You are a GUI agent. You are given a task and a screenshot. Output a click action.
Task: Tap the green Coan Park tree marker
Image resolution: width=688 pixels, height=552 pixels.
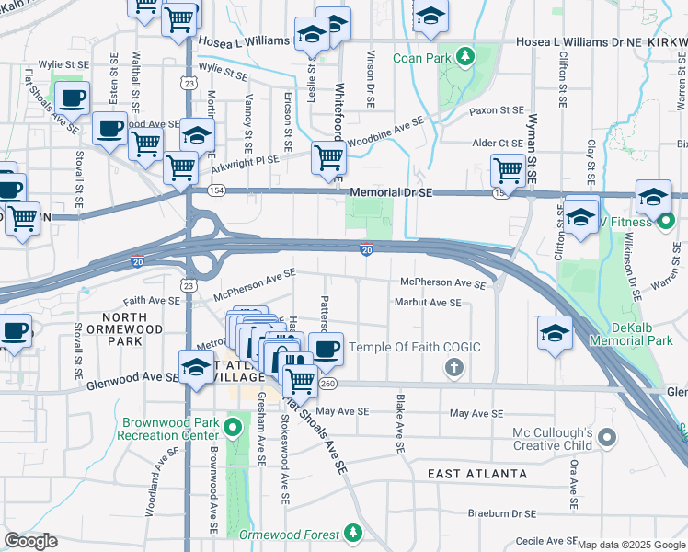point(465,57)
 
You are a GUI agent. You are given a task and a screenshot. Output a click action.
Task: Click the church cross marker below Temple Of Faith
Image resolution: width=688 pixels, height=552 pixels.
point(453,369)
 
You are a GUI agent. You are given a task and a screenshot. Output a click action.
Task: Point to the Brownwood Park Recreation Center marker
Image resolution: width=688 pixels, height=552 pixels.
point(233,428)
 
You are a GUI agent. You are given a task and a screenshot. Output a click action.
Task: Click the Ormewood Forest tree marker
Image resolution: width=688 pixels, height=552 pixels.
point(353,534)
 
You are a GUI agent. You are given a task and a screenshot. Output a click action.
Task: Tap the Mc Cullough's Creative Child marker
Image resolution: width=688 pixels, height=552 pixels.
point(605,439)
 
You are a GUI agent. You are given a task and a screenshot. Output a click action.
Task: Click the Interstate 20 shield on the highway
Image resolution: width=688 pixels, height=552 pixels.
point(366,248)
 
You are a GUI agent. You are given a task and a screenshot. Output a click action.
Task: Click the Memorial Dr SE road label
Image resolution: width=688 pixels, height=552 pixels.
point(391,191)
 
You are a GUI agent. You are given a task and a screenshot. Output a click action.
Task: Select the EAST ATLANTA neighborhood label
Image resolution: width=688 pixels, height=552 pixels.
point(477,474)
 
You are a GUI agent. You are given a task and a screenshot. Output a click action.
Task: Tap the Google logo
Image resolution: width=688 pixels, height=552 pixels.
point(30,541)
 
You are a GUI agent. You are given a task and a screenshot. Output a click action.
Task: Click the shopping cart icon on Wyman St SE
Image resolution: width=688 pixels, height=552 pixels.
point(508,169)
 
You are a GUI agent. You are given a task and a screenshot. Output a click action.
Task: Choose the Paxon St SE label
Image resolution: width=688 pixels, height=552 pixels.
point(496,110)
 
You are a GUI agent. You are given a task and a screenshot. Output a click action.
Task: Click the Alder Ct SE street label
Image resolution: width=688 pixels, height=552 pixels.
point(497,144)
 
